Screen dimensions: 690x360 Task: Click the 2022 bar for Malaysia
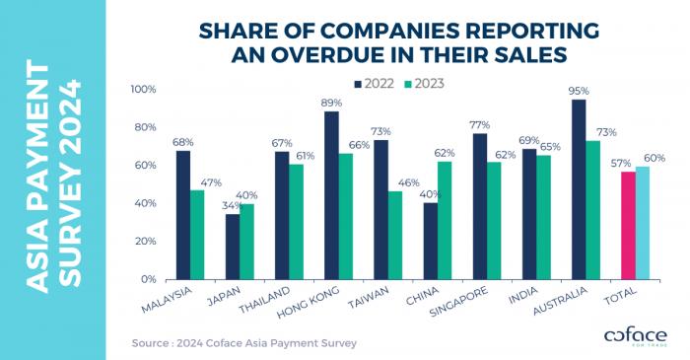coord(183,215)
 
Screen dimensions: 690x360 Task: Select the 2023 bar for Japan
coord(246,242)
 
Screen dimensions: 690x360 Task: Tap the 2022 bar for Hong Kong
coord(331,195)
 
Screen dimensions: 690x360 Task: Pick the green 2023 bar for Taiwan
coord(395,236)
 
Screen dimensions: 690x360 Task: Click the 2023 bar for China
coord(445,221)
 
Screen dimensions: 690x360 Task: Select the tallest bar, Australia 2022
coord(579,189)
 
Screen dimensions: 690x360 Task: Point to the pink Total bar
coord(628,226)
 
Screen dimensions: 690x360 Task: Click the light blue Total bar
coord(643,223)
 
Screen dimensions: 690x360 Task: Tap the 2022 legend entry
coord(375,84)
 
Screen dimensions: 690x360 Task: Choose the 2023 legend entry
coord(424,84)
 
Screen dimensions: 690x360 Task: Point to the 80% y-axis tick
coord(144,127)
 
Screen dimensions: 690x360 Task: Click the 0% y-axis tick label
coord(149,279)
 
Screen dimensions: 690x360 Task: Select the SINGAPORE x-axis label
coord(458,302)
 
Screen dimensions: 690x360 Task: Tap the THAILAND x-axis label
coord(265,299)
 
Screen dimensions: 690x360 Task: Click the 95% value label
coord(579,91)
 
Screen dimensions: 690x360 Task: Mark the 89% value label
coord(331,103)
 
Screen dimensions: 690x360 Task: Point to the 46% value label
coord(409,182)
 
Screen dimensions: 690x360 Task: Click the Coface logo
coord(636,336)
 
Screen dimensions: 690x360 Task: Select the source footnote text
coord(243,343)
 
